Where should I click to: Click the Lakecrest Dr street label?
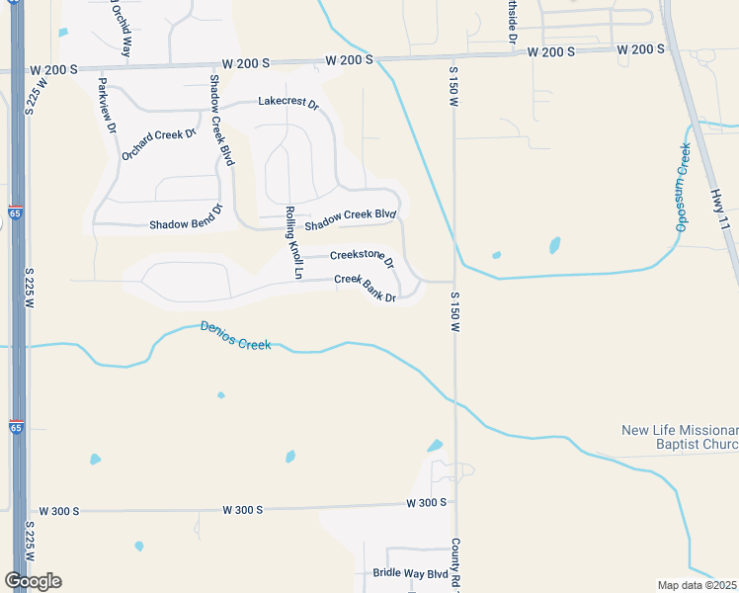(x=288, y=103)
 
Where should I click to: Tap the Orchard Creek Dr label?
(x=159, y=144)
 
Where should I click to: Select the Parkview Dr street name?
(x=107, y=106)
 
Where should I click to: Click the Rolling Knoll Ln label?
(x=292, y=236)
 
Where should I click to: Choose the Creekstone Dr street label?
(x=363, y=258)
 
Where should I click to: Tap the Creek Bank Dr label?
(x=366, y=289)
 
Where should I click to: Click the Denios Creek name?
(x=235, y=335)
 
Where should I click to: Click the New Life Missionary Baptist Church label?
(x=680, y=437)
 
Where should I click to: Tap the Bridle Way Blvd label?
(x=410, y=573)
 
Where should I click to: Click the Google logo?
(x=33, y=581)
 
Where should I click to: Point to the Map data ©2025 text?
(x=697, y=585)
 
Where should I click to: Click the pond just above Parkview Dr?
(x=64, y=33)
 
